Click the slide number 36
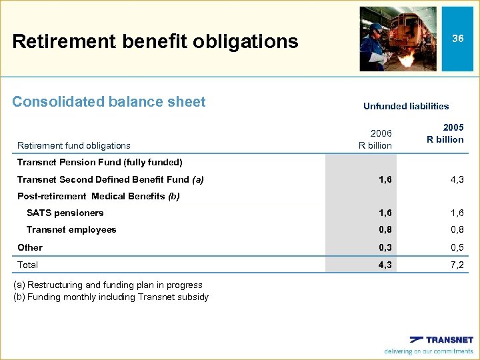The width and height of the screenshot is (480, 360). (457, 39)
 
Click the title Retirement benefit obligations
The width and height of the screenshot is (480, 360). (155, 41)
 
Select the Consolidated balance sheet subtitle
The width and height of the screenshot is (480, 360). (109, 102)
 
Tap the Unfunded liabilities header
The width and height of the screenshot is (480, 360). (406, 106)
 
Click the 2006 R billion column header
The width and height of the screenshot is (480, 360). (375, 139)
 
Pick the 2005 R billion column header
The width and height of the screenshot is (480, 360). (446, 133)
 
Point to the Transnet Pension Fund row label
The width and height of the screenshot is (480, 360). (99, 162)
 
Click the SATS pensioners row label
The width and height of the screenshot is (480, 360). (65, 213)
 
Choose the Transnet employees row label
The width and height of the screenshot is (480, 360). (71, 230)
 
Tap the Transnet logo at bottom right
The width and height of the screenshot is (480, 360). (441, 340)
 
